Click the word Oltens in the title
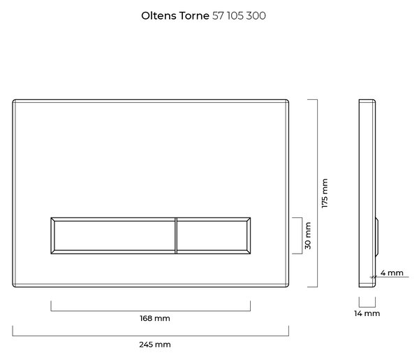tap(159, 16)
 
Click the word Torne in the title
tap(194, 16)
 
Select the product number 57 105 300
tap(239, 16)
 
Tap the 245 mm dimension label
tap(155, 345)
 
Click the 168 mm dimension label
tap(155, 318)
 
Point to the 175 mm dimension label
tap(325, 193)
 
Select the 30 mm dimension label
tap(308, 236)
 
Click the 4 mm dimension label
tap(392, 273)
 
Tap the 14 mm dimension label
tap(367, 313)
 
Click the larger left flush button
tap(113, 236)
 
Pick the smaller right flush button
tap(214, 236)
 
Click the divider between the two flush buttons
tap(176, 236)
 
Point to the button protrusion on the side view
tap(376, 237)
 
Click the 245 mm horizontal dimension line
tap(150, 336)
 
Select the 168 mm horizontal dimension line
tap(150, 311)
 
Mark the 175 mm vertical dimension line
tap(317, 193)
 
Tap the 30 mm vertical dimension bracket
tap(302, 236)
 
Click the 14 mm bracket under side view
tap(367, 307)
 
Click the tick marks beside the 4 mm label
tap(373, 277)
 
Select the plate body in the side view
tap(367, 193)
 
